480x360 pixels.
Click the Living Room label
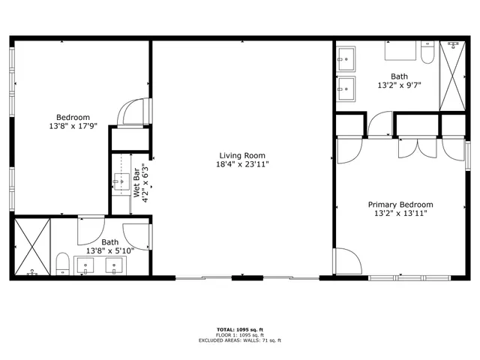242,155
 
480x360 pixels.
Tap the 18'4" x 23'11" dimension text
242,164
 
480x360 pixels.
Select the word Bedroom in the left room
73,117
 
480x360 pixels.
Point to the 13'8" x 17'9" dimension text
73,126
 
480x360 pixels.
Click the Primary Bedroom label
400,204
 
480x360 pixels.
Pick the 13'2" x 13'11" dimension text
400,213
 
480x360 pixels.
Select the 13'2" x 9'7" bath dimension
399,85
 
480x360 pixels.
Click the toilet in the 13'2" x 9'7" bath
427,54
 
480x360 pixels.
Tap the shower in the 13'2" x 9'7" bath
452,76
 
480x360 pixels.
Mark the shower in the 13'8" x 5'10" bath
31,246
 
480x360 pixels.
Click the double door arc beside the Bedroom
133,112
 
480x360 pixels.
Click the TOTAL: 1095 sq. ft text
239,329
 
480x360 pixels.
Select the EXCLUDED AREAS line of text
239,340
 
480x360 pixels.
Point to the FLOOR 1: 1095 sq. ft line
239,334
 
